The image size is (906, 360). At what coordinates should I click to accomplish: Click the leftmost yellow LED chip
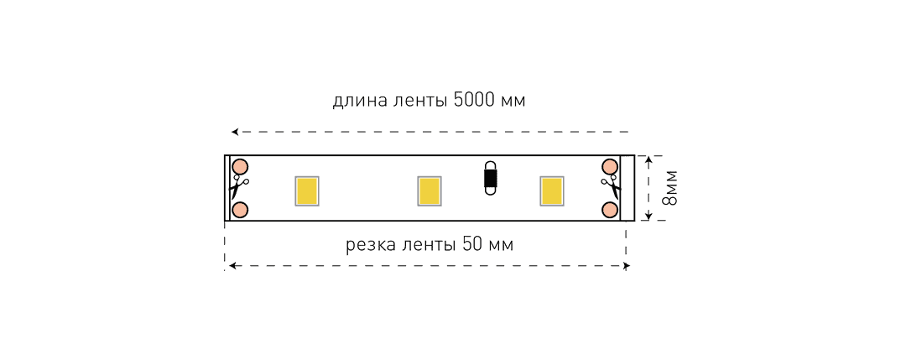307,190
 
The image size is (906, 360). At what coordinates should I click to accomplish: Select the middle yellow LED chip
430,190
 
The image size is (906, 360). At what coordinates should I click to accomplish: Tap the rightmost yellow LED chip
552,190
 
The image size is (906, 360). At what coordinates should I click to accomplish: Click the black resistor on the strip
490,179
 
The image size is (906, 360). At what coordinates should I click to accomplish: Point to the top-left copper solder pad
240,167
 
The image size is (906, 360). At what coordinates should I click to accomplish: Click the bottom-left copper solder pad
240,209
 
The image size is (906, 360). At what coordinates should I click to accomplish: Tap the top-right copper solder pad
610,167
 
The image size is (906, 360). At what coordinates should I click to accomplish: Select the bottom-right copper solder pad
610,209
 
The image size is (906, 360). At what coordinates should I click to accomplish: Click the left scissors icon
238,188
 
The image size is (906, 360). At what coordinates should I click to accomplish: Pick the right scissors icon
611,188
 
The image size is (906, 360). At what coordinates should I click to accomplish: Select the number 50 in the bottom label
472,245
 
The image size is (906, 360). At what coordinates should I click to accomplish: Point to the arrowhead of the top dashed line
235,133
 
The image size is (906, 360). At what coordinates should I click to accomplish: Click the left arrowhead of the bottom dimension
232,266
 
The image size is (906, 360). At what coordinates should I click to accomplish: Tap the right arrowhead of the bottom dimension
626,266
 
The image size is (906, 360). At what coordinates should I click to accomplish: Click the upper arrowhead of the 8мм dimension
648,159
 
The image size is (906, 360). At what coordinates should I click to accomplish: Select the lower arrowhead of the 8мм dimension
648,217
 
